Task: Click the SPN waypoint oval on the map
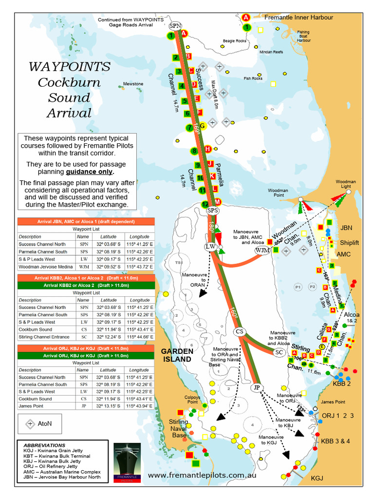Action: pyautogui.click(x=175, y=25)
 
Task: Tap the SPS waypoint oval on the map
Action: pyautogui.click(x=213, y=211)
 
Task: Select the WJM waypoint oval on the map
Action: pyautogui.click(x=262, y=250)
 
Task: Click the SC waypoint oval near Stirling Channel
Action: pyautogui.click(x=279, y=352)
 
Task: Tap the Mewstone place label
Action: pyautogui.click(x=133, y=84)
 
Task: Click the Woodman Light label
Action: pyautogui.click(x=345, y=184)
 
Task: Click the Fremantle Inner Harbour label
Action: pyautogui.click(x=299, y=18)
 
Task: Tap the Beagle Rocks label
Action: pyautogui.click(x=235, y=41)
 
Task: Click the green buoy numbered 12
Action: pyautogui.click(x=205, y=204)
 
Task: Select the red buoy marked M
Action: pyautogui.click(x=218, y=202)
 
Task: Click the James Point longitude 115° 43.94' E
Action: pyautogui.click(x=140, y=406)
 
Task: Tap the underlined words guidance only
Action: pyautogui.click(x=90, y=172)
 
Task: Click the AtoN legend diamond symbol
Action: pyautogui.click(x=30, y=423)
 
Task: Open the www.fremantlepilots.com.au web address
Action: pyautogui.click(x=202, y=475)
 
